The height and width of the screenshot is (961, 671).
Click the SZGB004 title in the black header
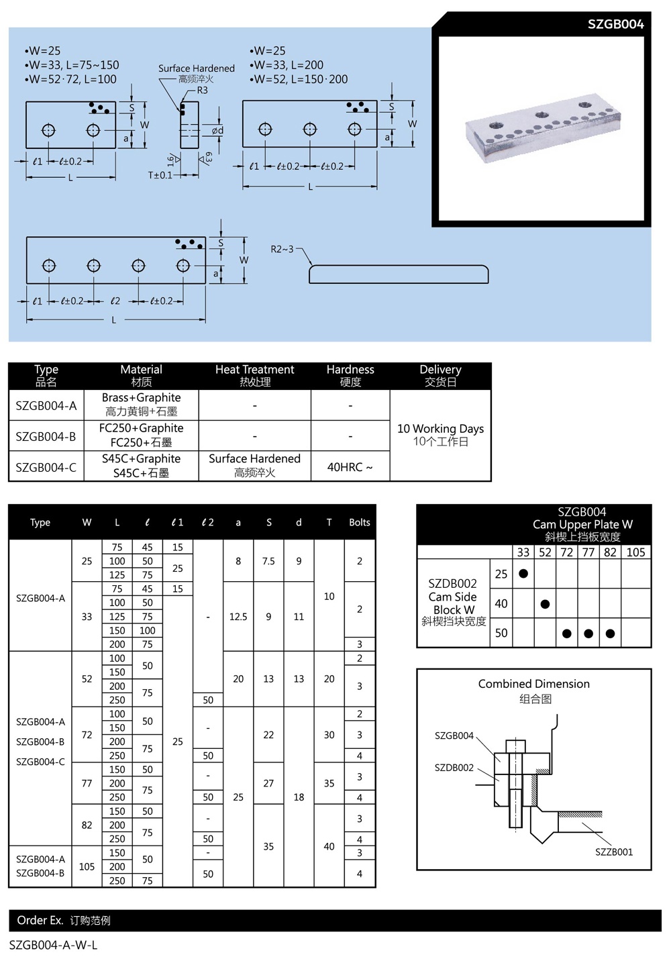(x=615, y=25)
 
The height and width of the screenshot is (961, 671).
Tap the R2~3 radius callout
(x=282, y=249)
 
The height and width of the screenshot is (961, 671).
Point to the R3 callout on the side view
(x=202, y=90)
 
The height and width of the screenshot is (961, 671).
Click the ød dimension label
(x=217, y=130)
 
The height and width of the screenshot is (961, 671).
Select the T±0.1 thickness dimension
(x=160, y=175)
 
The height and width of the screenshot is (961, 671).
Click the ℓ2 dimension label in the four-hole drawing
(x=115, y=301)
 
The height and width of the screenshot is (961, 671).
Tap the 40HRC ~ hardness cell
(x=350, y=467)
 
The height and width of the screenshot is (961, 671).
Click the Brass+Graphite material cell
(x=141, y=405)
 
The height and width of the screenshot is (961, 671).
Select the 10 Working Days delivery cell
(x=440, y=435)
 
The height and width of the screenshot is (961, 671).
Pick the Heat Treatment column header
(x=254, y=375)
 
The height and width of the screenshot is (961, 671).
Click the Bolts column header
(x=360, y=522)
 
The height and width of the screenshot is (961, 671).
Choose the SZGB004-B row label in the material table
(x=46, y=436)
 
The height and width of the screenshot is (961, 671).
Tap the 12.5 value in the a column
(x=238, y=617)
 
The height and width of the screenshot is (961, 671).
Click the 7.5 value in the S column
(x=268, y=561)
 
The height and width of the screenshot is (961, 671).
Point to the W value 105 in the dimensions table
(x=87, y=866)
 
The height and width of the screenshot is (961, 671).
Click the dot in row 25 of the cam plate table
(x=523, y=574)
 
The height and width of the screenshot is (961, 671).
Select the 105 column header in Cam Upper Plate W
(x=635, y=552)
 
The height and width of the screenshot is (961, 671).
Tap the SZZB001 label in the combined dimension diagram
(x=614, y=852)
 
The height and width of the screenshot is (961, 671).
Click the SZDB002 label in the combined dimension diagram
(x=454, y=768)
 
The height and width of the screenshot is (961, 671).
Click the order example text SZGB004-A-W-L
(x=54, y=946)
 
